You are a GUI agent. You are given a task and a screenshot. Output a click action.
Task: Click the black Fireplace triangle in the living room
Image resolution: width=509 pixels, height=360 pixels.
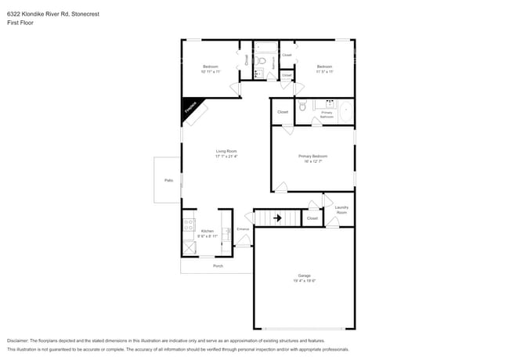190,107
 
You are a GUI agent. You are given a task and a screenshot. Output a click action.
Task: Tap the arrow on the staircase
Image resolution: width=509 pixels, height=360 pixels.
277,218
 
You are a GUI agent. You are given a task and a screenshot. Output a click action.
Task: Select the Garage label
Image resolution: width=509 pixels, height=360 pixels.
304,275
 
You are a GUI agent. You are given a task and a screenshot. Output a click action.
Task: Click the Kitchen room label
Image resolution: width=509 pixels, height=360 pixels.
207,231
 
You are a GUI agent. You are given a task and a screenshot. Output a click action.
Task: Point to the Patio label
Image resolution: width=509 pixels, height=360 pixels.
168,180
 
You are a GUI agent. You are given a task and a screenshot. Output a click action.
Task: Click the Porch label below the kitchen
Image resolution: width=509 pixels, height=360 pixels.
218,266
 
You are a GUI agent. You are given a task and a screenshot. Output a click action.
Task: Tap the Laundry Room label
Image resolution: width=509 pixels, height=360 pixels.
341,210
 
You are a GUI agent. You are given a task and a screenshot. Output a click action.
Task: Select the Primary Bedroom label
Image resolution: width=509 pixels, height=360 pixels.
312,156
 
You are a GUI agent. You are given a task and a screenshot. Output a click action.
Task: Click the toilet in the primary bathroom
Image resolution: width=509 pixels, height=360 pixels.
302,106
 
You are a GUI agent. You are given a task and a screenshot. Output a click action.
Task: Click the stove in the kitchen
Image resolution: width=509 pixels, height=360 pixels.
189,225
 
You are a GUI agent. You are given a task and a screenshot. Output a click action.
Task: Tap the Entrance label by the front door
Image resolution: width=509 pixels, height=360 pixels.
243,229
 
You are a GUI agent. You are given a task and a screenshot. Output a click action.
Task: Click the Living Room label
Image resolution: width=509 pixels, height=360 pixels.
226,151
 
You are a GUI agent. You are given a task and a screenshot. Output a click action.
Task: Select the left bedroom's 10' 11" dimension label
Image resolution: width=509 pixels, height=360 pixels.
210,71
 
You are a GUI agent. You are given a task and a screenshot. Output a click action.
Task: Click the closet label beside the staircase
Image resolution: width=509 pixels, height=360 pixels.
312,218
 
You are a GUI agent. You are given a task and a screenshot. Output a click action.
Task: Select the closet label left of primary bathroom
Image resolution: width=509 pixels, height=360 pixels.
283,112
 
